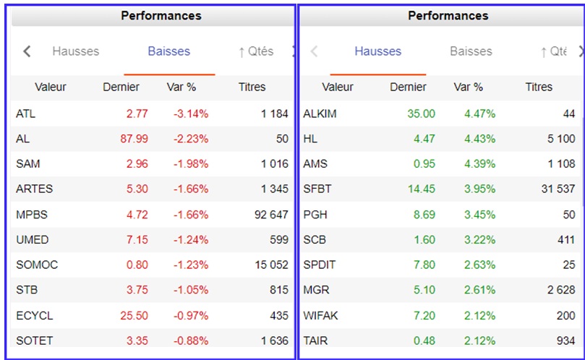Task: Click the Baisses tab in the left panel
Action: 169,51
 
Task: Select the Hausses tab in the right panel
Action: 378,51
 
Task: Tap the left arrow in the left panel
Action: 27,51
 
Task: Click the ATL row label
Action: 26,113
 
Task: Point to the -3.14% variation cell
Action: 191,113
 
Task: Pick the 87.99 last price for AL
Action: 134,139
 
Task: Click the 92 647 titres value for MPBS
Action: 271,215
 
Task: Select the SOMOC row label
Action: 37,265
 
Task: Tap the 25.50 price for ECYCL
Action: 134,316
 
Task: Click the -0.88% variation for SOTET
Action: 191,340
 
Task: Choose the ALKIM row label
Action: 320,113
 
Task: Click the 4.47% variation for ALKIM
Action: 480,113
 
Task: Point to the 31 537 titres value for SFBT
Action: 558,189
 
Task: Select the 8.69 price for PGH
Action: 424,215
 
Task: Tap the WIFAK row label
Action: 320,316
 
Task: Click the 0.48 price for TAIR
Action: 424,340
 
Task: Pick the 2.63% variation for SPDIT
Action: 480,265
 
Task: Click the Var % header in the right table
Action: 469,87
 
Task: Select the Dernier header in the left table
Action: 121,87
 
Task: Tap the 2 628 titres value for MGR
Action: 561,290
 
